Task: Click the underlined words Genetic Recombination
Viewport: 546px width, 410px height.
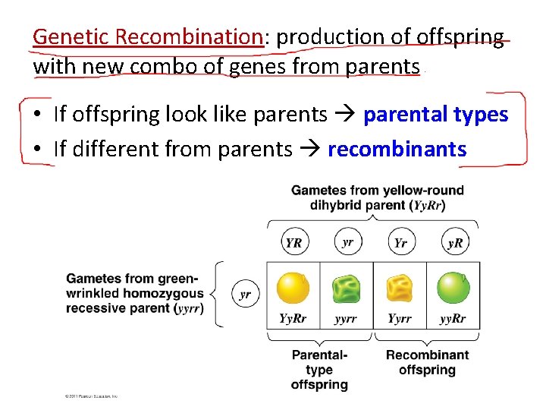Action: click(148, 36)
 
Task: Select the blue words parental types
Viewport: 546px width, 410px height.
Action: click(435, 115)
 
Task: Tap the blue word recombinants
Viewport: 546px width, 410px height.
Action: click(397, 149)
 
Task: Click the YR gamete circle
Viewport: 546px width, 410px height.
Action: click(293, 243)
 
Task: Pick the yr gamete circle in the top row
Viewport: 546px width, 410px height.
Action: click(347, 243)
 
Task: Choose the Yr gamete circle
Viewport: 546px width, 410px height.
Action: click(400, 243)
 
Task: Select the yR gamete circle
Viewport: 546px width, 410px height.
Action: click(454, 243)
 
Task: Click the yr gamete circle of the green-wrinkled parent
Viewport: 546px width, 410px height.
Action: click(245, 295)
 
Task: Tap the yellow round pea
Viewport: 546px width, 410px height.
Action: click(293, 289)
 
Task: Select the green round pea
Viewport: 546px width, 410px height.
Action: click(453, 289)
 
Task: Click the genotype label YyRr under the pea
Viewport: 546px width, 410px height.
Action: click(293, 319)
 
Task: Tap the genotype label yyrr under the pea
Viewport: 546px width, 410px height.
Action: click(346, 319)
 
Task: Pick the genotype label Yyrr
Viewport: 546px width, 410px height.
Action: click(400, 319)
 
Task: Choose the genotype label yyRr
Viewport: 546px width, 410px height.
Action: click(453, 319)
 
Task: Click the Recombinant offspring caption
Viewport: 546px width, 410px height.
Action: click(427, 362)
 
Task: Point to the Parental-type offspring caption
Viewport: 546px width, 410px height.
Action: click(319, 370)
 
